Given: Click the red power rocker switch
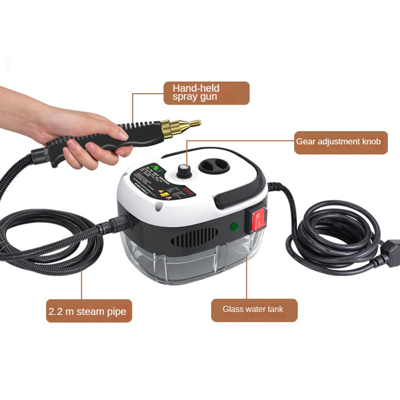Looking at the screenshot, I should (x=259, y=220).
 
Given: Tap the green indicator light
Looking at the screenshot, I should (x=234, y=227).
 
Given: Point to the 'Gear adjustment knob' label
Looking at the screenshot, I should (x=340, y=142).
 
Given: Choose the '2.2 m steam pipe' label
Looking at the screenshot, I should (x=88, y=311).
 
